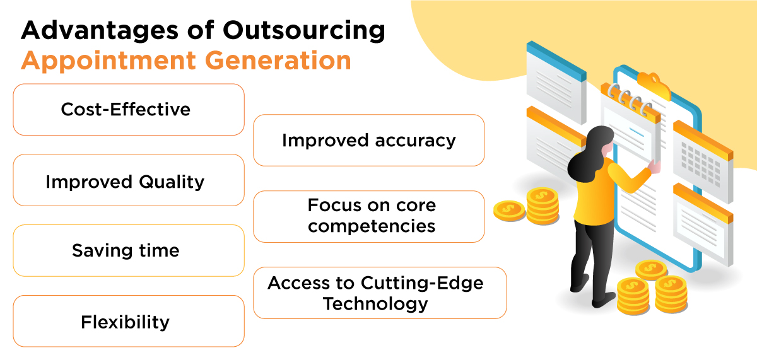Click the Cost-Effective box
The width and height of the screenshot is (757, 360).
point(128,110)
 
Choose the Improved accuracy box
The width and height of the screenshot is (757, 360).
point(368,140)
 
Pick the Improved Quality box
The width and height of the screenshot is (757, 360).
point(128,182)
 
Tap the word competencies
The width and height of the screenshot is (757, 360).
point(372,226)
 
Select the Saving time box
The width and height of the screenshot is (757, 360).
point(128,250)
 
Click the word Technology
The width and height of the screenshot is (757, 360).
point(375,304)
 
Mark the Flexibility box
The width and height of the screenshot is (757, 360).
point(128,322)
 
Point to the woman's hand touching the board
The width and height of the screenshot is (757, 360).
point(655,167)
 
